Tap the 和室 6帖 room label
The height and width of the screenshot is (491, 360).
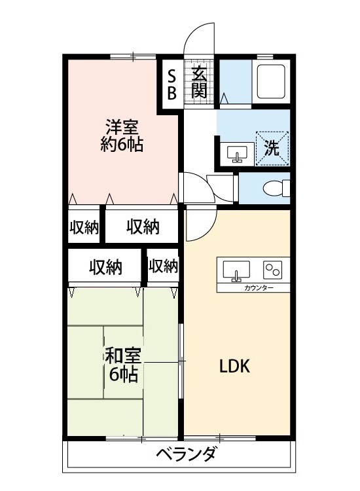point(122,365)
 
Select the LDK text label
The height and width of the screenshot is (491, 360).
point(234,366)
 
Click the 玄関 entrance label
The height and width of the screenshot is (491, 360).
point(200,82)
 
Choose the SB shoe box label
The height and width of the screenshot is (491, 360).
point(172,83)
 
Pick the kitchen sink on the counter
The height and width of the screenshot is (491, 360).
point(236,270)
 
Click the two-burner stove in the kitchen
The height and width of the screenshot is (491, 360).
point(272,270)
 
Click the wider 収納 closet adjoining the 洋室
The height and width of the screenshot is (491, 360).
point(143,227)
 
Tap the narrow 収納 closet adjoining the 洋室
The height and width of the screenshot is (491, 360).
point(84,227)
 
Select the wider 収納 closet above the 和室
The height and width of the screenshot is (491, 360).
point(106,266)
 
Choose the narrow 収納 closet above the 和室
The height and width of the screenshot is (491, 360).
point(163,266)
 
